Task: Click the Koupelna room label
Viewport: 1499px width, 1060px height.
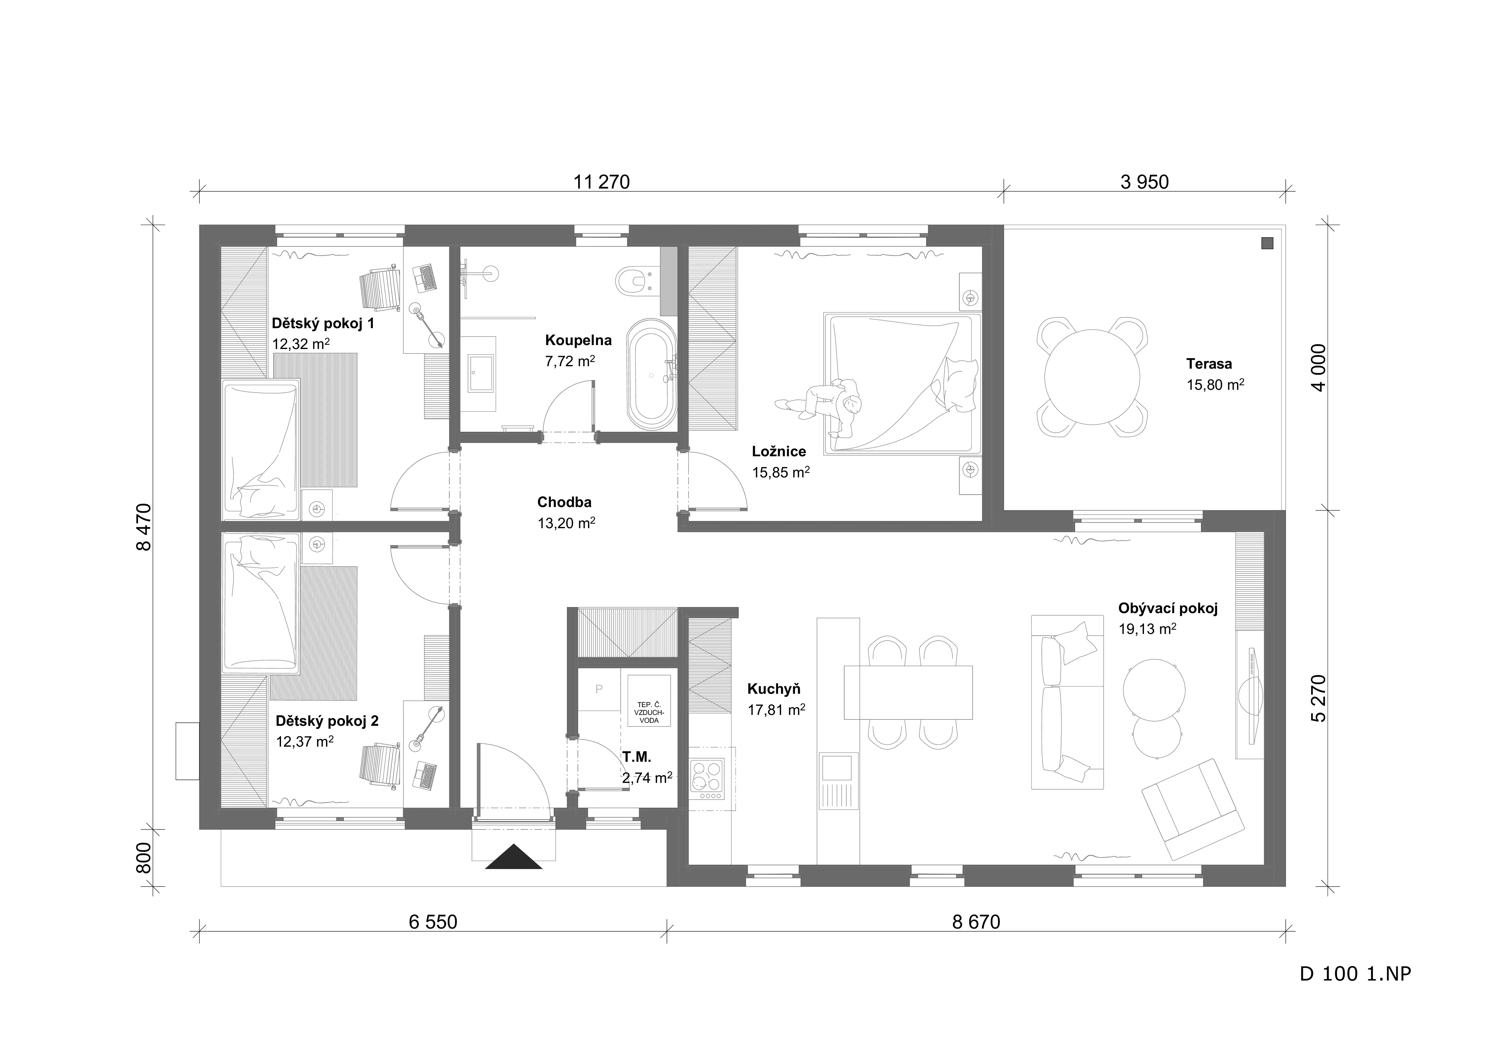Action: coord(578,340)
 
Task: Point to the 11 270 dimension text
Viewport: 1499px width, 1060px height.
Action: coord(601,182)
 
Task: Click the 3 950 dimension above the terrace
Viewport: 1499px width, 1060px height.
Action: coord(1145,182)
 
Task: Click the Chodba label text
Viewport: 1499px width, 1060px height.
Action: coord(564,502)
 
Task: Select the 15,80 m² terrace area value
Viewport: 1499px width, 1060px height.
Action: coord(1215,384)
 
